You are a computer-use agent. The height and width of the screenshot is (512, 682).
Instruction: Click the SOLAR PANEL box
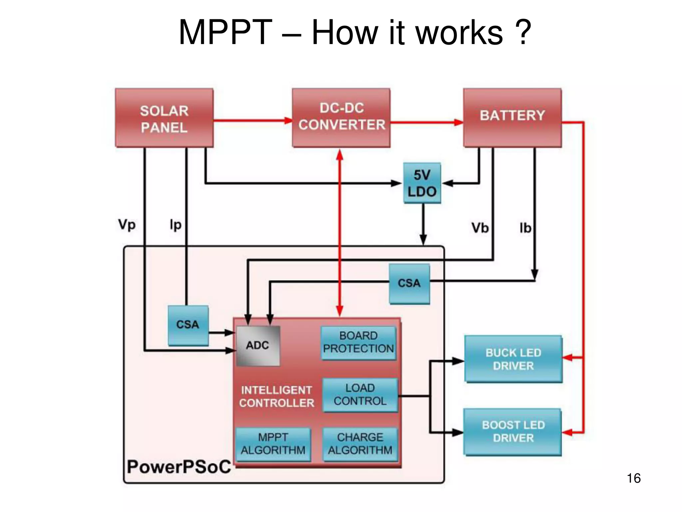[x=164, y=118]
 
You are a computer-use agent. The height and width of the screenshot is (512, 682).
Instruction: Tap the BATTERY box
[x=512, y=117]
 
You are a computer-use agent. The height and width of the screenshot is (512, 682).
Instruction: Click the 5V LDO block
[x=422, y=183]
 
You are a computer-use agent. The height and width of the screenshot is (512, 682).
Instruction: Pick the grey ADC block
[x=258, y=345]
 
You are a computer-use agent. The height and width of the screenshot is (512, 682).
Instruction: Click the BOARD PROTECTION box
[x=358, y=342]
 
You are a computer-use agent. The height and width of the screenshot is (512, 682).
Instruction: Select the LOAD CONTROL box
[x=360, y=395]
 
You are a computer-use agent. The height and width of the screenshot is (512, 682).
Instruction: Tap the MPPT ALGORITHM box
[x=273, y=444]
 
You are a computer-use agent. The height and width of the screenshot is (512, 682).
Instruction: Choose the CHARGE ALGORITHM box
[x=360, y=444]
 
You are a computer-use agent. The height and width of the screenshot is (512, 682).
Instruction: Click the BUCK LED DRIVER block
[x=513, y=359]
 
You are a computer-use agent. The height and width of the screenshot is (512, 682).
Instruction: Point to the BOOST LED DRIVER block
[x=513, y=432]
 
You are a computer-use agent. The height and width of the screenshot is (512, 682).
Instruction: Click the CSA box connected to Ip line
[x=188, y=325]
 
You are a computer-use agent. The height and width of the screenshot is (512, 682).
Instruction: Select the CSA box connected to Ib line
[x=409, y=283]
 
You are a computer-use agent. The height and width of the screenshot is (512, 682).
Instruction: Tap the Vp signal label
[x=127, y=225]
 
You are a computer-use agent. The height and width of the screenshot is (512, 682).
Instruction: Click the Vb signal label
[x=480, y=228]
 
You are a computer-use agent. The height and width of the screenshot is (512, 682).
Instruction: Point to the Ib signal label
[x=525, y=228]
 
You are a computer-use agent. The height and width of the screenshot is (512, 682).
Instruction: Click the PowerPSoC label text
[x=179, y=467]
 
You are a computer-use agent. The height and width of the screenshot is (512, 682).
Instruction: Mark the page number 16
[x=633, y=478]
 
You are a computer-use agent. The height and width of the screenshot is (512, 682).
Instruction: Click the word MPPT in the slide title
[x=225, y=33]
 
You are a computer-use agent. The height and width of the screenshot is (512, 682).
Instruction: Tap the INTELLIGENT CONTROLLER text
[x=276, y=397]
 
